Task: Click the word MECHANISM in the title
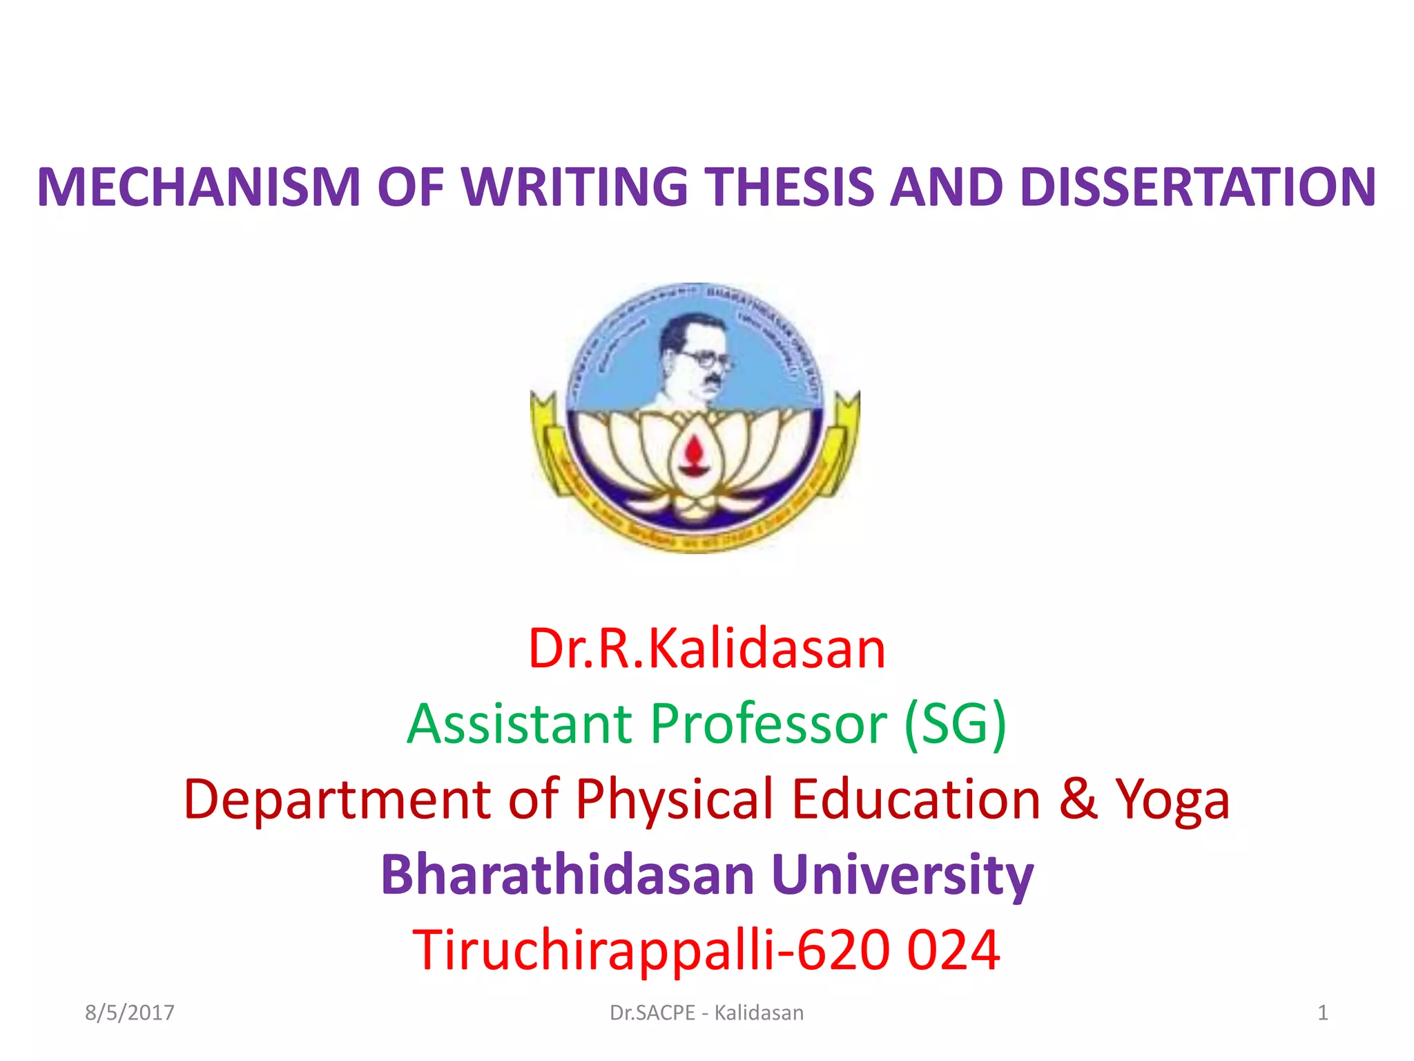[199, 187]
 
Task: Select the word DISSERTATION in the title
[1197, 187]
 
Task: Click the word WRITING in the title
[574, 187]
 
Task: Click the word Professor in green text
[768, 723]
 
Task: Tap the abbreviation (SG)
[956, 723]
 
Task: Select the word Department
[337, 799]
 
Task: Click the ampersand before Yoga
[1078, 799]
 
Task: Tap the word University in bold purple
[902, 875]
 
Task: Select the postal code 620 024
[898, 950]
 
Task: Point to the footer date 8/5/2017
[129, 1013]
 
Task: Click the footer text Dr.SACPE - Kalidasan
[706, 1013]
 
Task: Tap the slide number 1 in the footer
[1322, 1013]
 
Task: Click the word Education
[916, 799]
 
